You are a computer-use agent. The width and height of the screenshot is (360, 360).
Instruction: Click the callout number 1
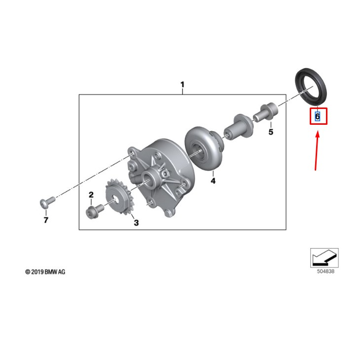182,85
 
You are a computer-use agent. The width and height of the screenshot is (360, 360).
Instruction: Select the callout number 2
91,195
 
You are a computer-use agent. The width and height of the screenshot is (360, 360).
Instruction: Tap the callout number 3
136,223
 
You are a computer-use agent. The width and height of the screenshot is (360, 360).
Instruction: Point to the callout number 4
213,181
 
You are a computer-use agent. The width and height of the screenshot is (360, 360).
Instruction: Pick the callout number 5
270,132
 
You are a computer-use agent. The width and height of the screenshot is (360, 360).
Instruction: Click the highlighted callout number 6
318,117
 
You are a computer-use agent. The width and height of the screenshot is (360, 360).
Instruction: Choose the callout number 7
46,220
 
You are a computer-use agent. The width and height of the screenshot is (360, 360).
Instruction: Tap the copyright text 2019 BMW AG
45,272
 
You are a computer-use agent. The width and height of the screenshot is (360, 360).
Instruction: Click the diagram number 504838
324,271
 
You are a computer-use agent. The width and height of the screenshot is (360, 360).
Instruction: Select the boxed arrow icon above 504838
324,257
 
